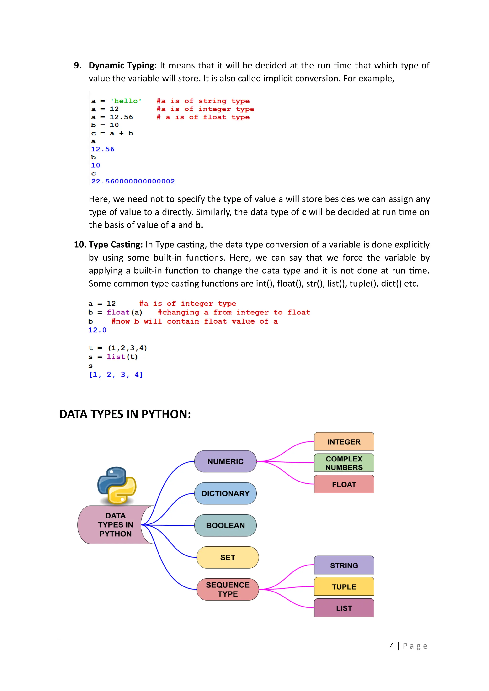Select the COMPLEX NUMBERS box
(x=344, y=463)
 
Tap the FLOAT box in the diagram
(x=344, y=484)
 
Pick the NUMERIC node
(x=225, y=461)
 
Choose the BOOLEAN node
(x=225, y=525)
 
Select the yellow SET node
(x=227, y=557)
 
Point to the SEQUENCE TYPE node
(x=227, y=589)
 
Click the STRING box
(x=344, y=565)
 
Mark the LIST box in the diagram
(x=344, y=608)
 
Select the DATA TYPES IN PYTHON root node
(x=115, y=524)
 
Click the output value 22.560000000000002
(x=133, y=181)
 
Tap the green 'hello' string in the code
(x=126, y=101)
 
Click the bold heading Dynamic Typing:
(x=122, y=65)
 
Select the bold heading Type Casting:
(x=116, y=244)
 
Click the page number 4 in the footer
(x=392, y=646)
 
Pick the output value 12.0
(x=97, y=330)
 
